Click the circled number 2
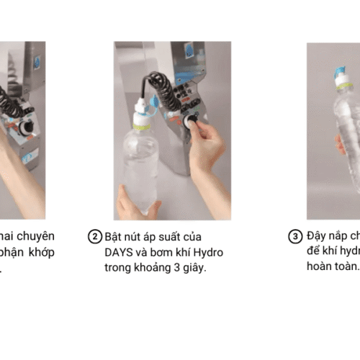tap(95, 237)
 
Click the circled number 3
tap(294, 237)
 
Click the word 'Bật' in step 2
tap(115, 237)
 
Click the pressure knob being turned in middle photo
tap(192, 122)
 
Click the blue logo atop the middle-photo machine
tap(188, 55)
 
